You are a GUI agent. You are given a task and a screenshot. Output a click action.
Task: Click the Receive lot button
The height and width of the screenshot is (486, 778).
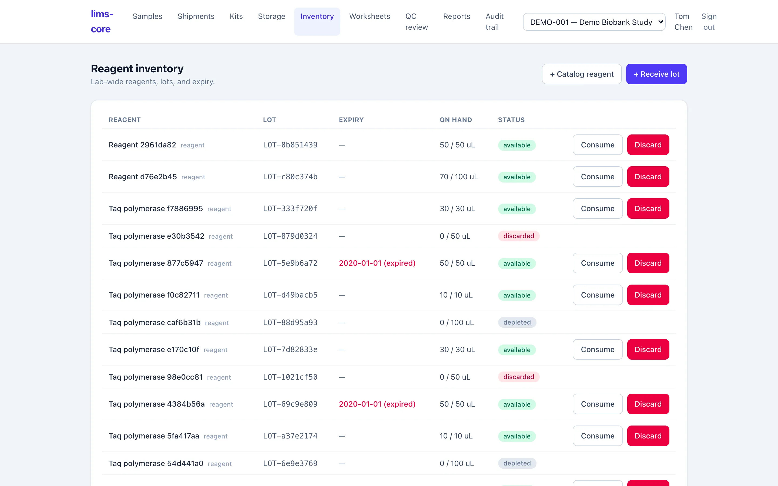(656, 74)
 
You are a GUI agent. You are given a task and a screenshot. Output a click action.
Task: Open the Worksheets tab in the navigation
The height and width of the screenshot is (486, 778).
(369, 16)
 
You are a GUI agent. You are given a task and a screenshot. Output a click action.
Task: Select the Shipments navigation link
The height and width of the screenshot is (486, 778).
(196, 16)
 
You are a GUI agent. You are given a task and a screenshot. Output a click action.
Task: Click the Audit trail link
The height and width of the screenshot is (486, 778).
(494, 22)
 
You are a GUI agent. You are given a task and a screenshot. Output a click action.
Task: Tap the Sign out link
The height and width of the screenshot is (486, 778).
(709, 22)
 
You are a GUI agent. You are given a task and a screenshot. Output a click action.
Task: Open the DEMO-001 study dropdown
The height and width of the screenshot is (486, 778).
(594, 22)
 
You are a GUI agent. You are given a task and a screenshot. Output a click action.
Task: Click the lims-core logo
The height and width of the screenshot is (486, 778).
(102, 22)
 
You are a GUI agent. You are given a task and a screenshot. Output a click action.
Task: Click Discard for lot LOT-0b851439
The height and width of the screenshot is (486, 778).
(648, 145)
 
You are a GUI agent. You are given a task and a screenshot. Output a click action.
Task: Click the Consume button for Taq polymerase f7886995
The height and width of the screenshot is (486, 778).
(597, 209)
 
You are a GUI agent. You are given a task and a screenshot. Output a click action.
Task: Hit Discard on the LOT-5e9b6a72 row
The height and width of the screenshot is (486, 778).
(648, 263)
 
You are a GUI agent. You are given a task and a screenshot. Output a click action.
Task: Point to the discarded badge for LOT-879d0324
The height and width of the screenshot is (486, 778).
(519, 236)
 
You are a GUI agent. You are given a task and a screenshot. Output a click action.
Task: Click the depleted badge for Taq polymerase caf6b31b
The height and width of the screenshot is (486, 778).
(517, 322)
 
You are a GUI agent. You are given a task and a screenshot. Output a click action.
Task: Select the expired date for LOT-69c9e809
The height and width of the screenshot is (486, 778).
(377, 404)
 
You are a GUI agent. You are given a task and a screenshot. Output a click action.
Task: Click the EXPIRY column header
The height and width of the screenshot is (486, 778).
(351, 120)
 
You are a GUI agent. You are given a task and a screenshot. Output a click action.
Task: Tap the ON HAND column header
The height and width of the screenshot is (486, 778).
(455, 120)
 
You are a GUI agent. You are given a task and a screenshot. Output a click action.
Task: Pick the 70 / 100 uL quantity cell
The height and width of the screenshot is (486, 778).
(458, 177)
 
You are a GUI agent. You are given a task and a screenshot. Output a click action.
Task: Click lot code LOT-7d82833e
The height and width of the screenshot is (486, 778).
(290, 349)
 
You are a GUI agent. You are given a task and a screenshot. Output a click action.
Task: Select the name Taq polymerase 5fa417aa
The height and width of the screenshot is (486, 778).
(154, 436)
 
